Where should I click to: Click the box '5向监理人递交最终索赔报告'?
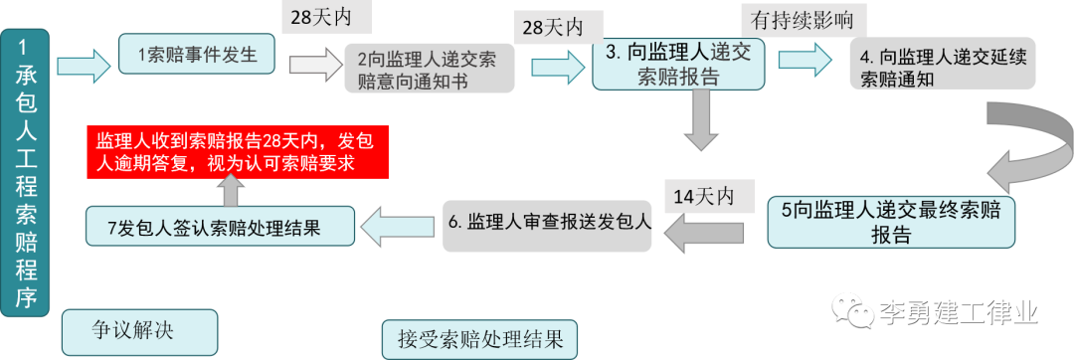tap(891, 221)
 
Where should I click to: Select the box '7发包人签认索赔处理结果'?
tap(220, 226)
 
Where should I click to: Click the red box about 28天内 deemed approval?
tap(237, 151)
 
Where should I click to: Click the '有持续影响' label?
tap(804, 19)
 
